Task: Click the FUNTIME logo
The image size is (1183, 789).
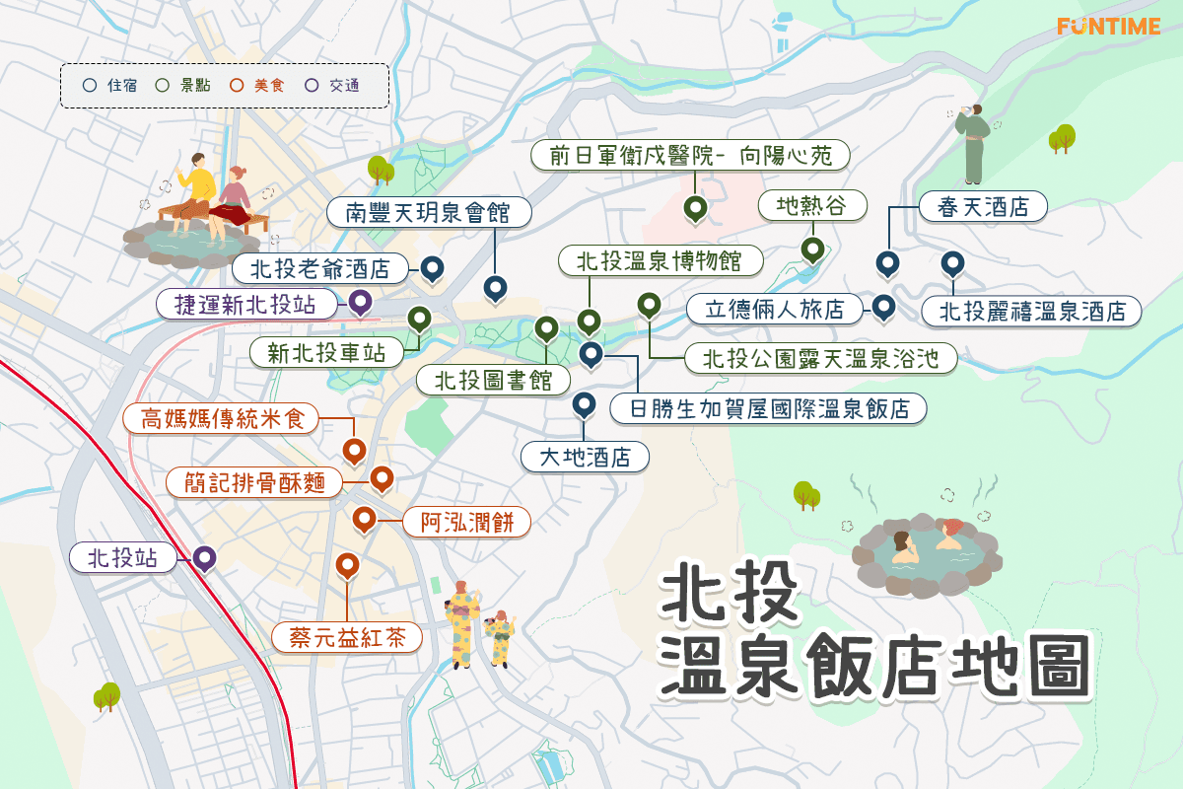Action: pos(1108,27)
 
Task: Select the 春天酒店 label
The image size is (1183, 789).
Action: pos(982,207)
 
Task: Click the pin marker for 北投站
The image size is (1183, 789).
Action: pos(204,557)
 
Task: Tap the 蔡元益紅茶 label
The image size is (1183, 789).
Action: pos(348,637)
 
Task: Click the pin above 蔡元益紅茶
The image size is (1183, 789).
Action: pos(347,565)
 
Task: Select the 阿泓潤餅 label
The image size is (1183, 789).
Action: pos(467,522)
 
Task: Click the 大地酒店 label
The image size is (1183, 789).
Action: pos(585,457)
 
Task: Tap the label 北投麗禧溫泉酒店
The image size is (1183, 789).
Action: pos(1032,312)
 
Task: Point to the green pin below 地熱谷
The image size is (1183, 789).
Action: pos(811,248)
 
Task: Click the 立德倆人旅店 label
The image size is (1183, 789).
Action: pos(775,309)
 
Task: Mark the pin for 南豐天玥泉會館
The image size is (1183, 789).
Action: pos(495,287)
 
